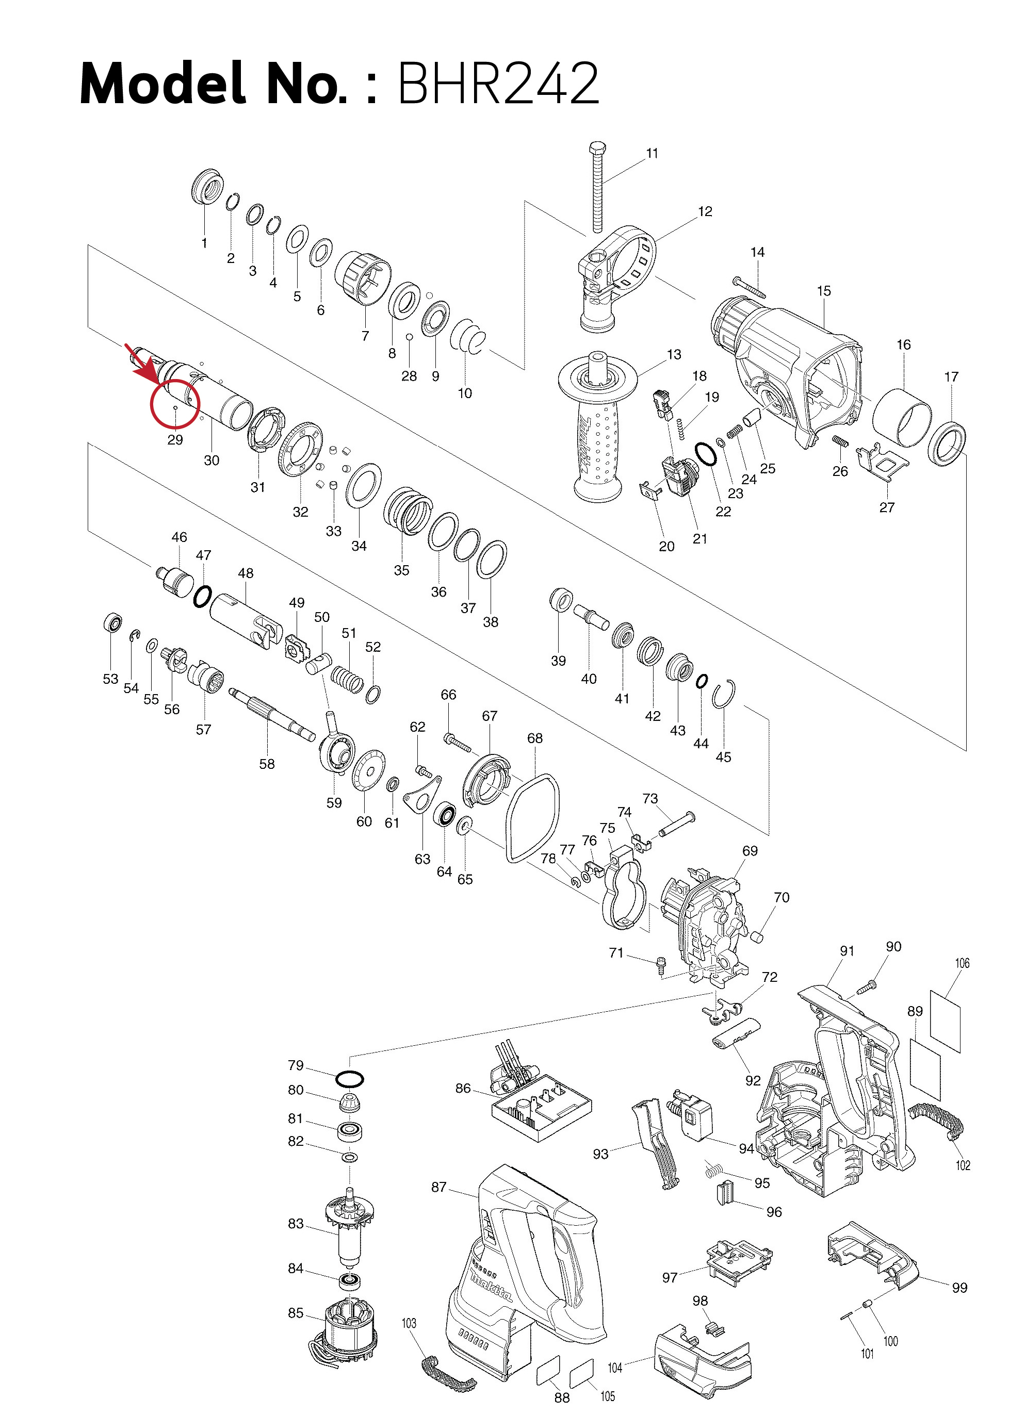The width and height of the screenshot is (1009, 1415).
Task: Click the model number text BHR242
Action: [497, 84]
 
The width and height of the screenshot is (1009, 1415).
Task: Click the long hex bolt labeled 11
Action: [598, 186]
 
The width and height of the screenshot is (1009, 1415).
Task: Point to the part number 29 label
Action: [175, 440]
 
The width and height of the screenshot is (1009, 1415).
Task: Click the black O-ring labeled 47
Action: [202, 596]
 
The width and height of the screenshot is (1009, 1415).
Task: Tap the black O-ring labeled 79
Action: [349, 1079]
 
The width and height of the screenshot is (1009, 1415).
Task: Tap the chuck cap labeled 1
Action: [207, 185]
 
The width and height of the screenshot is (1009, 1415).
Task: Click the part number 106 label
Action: [962, 963]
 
